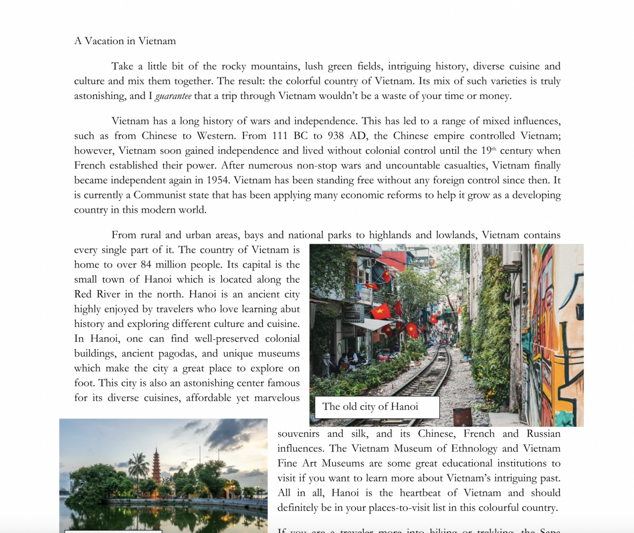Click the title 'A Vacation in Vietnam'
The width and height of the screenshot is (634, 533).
(x=125, y=41)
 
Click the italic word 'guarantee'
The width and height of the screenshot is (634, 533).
(x=173, y=96)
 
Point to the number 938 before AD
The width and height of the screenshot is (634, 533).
(x=336, y=136)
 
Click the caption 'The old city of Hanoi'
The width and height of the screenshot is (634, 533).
(x=370, y=407)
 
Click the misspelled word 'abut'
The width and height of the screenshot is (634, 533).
(x=290, y=309)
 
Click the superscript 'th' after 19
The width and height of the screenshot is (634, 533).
(x=494, y=149)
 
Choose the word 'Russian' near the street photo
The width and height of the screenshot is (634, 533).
(x=543, y=433)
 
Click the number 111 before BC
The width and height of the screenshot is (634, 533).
(x=280, y=136)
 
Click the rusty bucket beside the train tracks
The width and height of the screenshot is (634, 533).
(x=463, y=417)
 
